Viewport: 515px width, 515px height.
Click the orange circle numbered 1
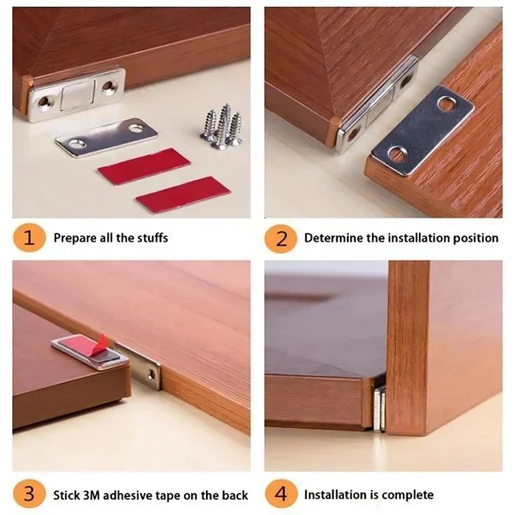pyautogui.click(x=28, y=238)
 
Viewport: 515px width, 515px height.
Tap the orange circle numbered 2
pyautogui.click(x=281, y=238)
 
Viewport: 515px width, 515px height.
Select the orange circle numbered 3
pyautogui.click(x=28, y=494)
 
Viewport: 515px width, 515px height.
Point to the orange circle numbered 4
pyautogui.click(x=281, y=494)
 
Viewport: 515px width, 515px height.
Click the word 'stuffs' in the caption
pyautogui.click(x=150, y=238)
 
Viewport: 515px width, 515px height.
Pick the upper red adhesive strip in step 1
pyautogui.click(x=144, y=165)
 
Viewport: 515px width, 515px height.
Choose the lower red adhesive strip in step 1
pyautogui.click(x=182, y=194)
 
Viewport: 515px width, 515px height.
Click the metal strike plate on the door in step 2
pyautogui.click(x=422, y=128)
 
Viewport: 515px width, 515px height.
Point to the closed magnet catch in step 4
pyautogui.click(x=380, y=408)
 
